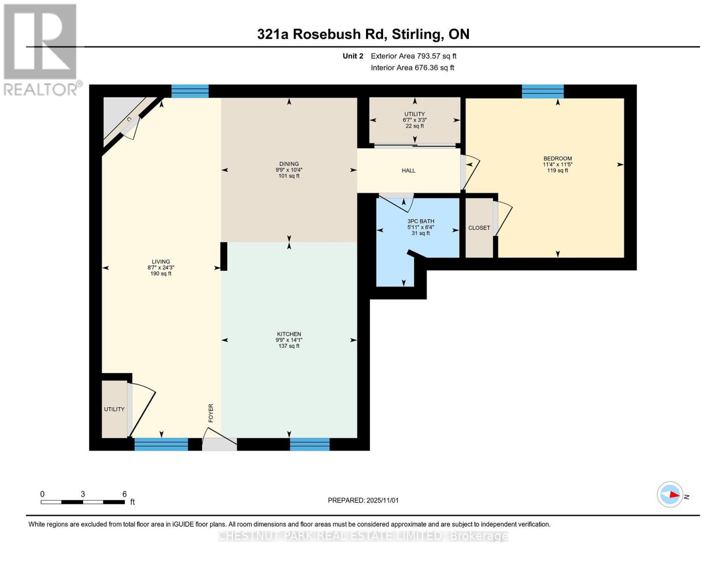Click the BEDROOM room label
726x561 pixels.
557,158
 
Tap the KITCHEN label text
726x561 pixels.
288,334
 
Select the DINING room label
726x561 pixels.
289,164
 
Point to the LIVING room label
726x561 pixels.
160,262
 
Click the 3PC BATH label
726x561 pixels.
420,221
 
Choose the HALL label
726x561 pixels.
408,171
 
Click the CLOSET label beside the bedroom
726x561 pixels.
479,228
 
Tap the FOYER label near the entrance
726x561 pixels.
211,413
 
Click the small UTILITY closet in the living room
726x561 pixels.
114,409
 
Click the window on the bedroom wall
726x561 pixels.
542,91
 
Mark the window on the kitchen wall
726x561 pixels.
309,444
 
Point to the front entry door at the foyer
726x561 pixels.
219,444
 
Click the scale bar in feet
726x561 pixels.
83,502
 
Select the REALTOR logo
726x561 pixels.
41,49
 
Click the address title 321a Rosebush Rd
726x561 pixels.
363,34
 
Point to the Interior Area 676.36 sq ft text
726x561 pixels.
412,68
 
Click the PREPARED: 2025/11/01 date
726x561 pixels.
363,500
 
